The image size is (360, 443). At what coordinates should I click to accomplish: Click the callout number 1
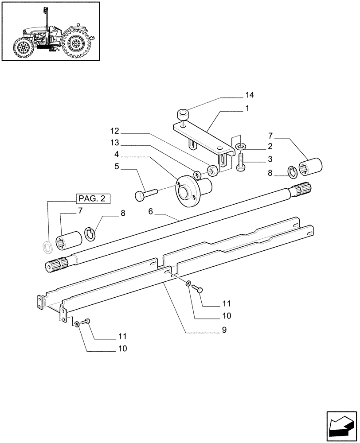pyautogui.click(x=247, y=108)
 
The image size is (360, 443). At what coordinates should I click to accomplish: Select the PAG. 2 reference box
pyautogui.click(x=93, y=198)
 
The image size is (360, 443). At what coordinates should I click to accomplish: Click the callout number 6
pyautogui.click(x=150, y=212)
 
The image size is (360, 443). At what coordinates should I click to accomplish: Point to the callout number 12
pyautogui.click(x=115, y=132)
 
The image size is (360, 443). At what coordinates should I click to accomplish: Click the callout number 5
pyautogui.click(x=117, y=167)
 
